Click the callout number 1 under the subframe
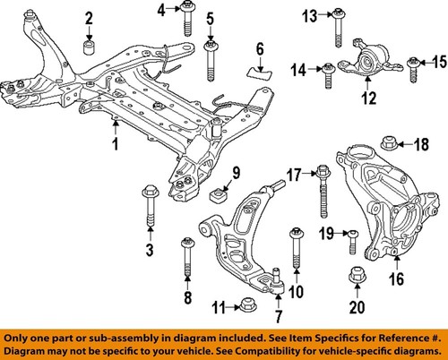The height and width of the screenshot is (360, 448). [x=115, y=143]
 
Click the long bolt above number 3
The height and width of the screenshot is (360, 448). [x=148, y=207]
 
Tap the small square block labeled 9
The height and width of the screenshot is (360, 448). [x=216, y=196]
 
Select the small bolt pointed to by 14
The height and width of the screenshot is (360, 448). [x=329, y=68]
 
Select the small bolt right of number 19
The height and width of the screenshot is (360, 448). [x=352, y=236]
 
